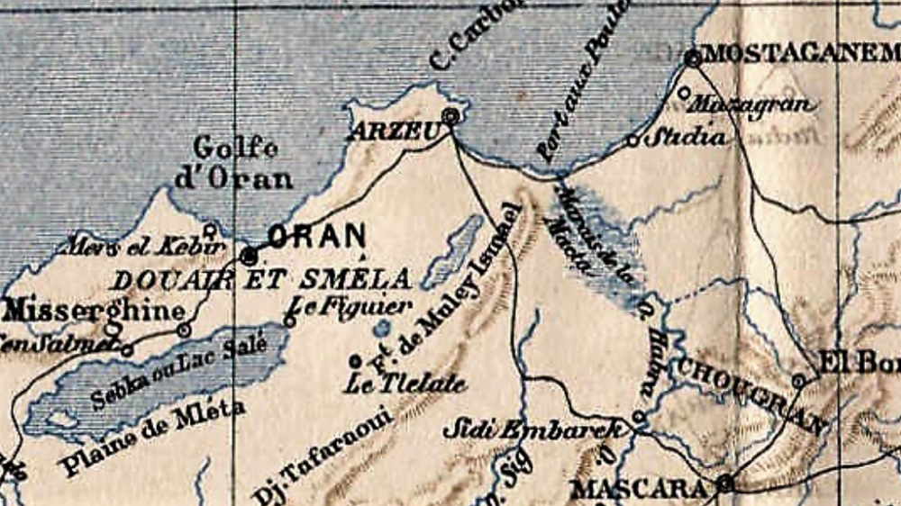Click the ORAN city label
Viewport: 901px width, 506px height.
click(x=317, y=237)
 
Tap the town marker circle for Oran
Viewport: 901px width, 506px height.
click(x=250, y=255)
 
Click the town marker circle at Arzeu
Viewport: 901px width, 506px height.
click(x=451, y=115)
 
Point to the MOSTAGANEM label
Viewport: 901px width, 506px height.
click(x=801, y=53)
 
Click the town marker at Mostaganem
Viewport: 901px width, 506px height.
click(x=693, y=59)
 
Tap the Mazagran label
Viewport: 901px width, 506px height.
click(x=752, y=104)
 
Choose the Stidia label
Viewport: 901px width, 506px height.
click(x=687, y=138)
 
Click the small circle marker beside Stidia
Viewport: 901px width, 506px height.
click(x=633, y=140)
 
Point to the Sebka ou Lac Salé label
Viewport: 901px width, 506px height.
click(x=179, y=370)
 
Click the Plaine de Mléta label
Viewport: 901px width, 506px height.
click(x=153, y=438)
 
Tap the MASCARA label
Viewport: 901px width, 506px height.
click(x=639, y=489)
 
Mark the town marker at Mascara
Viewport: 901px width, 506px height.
click(x=724, y=484)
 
